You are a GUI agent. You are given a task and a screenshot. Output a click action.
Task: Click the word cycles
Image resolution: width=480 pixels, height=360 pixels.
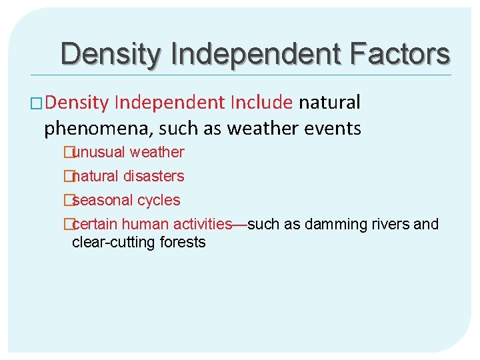click(159, 200)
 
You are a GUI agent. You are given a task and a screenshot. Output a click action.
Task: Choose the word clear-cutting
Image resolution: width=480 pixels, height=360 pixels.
click(113, 242)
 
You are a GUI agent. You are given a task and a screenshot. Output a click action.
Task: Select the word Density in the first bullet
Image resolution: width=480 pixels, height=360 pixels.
click(77, 103)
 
